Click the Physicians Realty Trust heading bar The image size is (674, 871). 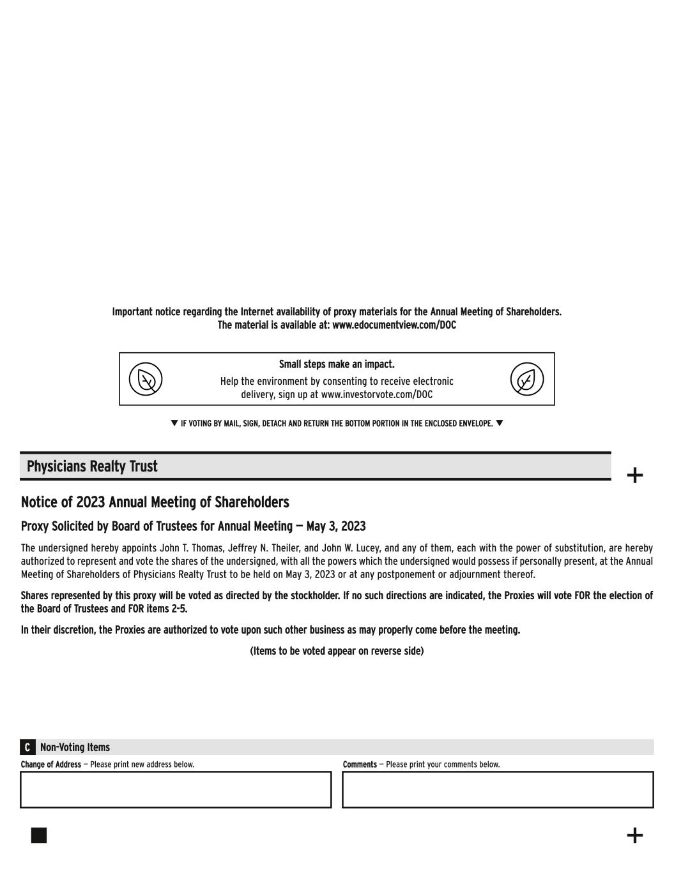pyautogui.click(x=315, y=466)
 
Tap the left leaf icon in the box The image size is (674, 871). pyautogui.click(x=146, y=379)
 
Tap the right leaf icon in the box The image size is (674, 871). pyautogui.click(x=526, y=379)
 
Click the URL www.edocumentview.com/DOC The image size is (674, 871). pyautogui.click(x=394, y=325)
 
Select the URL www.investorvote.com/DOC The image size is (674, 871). pyautogui.click(x=376, y=395)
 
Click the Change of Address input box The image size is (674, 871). pyautogui.click(x=176, y=789)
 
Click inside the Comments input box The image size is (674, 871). pyautogui.click(x=498, y=789)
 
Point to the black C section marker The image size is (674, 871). pyautogui.click(x=27, y=747)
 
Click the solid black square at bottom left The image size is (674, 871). pyautogui.click(x=39, y=835)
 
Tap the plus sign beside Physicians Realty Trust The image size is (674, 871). pyautogui.click(x=634, y=475)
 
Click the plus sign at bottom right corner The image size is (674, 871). pyautogui.click(x=634, y=835)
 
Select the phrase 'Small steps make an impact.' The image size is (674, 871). pyautogui.click(x=337, y=364)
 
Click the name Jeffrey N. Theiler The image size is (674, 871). pyautogui.click(x=264, y=548)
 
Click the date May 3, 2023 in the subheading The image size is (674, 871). pyautogui.click(x=336, y=526)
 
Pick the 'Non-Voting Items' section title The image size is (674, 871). pyautogui.click(x=75, y=747)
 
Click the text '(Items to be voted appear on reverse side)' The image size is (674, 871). pyautogui.click(x=337, y=651)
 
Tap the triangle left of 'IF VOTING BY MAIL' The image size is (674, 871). pyautogui.click(x=174, y=423)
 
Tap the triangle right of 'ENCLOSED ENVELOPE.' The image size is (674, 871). pyautogui.click(x=500, y=423)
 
